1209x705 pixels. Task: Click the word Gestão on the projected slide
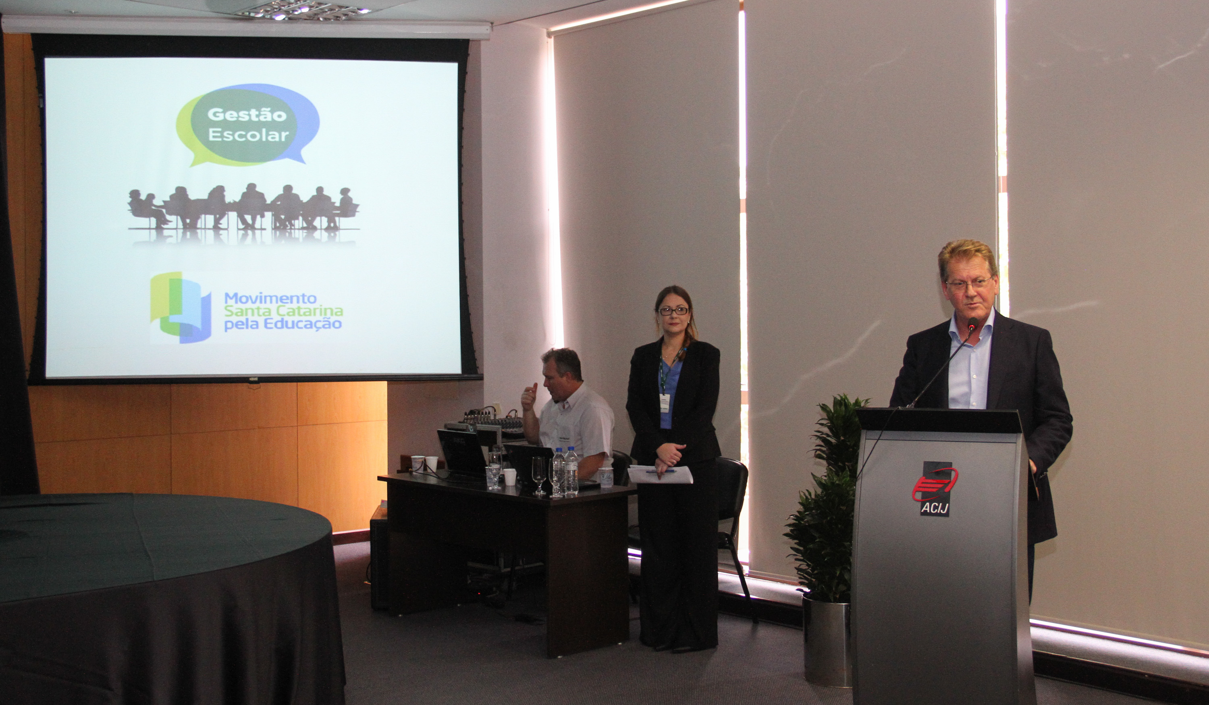247,115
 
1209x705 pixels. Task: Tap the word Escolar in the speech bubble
249,135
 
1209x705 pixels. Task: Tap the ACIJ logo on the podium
935,489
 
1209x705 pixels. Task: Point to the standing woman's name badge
665,403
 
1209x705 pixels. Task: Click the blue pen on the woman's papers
661,471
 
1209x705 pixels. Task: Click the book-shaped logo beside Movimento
181,308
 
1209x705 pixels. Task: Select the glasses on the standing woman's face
673,311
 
